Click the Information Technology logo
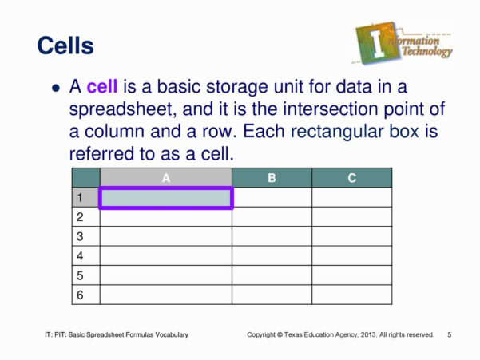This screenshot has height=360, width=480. click(404, 43)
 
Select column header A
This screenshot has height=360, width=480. click(165, 178)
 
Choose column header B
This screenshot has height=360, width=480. click(272, 178)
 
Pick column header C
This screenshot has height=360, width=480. click(351, 178)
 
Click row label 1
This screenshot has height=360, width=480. click(80, 197)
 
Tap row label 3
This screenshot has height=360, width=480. click(80, 236)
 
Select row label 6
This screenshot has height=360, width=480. click(80, 295)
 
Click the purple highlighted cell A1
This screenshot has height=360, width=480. click(165, 198)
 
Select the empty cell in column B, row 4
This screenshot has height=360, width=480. click(272, 255)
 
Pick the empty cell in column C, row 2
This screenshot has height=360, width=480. click(351, 217)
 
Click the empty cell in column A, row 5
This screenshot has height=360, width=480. click(165, 275)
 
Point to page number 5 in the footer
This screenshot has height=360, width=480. click(450, 334)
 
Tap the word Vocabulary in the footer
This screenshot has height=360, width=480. click(170, 334)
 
